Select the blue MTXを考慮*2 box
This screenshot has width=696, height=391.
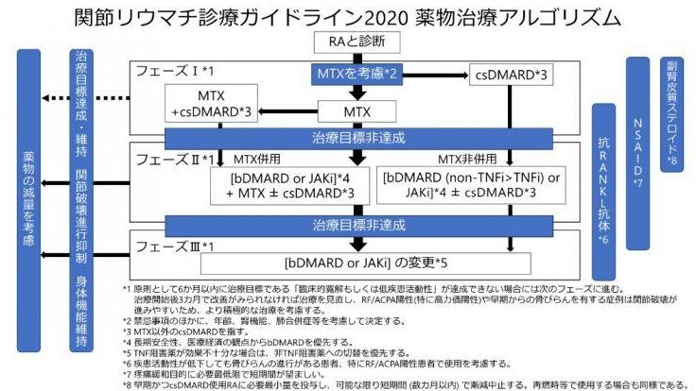(x=357, y=72)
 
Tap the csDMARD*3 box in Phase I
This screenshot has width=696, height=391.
(x=516, y=73)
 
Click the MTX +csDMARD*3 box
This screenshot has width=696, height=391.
(x=211, y=105)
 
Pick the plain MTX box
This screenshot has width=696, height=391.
(x=357, y=112)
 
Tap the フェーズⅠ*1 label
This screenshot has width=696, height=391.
(x=174, y=72)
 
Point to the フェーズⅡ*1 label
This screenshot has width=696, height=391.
(x=175, y=158)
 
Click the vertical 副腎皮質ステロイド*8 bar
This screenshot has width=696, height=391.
(x=670, y=110)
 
